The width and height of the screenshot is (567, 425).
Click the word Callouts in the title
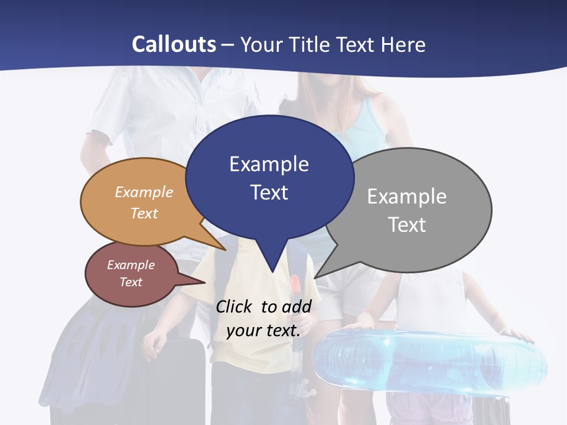coord(174,44)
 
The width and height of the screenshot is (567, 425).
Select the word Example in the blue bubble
coord(269,164)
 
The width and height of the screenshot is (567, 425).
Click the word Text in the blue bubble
coord(269,192)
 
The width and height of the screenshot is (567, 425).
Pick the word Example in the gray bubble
coord(406,197)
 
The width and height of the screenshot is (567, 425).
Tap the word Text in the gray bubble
coord(407,225)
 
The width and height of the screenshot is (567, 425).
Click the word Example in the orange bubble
coord(144,192)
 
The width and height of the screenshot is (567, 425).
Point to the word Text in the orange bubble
coord(144,213)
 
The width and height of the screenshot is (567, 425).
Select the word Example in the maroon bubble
coord(131,265)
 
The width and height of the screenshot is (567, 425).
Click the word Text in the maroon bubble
coord(131,282)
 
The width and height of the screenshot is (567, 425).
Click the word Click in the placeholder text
coord(235,306)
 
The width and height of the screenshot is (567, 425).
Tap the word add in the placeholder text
coord(296,306)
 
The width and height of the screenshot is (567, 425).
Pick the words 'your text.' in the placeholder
coord(263,330)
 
